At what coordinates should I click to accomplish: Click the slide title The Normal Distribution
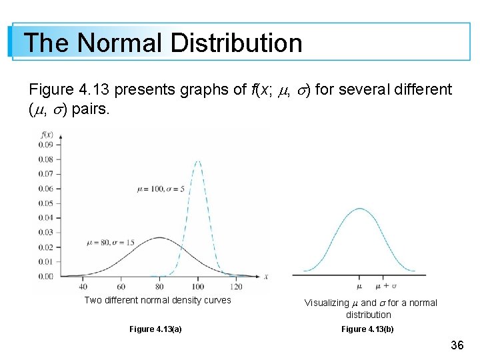click(x=163, y=43)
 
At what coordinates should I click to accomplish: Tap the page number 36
click(x=457, y=345)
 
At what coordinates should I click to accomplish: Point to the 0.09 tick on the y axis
click(x=45, y=145)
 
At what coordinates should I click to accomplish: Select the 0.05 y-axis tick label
click(x=45, y=203)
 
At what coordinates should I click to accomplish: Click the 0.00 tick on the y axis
click(x=45, y=276)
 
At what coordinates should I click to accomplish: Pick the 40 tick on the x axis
click(x=83, y=287)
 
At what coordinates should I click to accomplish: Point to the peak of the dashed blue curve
click(x=198, y=161)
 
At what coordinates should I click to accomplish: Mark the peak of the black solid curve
click(x=159, y=237)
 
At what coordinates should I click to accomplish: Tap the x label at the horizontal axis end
click(x=265, y=277)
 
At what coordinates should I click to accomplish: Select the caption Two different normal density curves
click(x=157, y=300)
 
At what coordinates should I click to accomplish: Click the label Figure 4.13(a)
click(x=155, y=329)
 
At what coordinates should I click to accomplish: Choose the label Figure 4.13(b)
click(x=367, y=329)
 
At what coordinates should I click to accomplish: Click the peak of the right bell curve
click(x=360, y=209)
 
